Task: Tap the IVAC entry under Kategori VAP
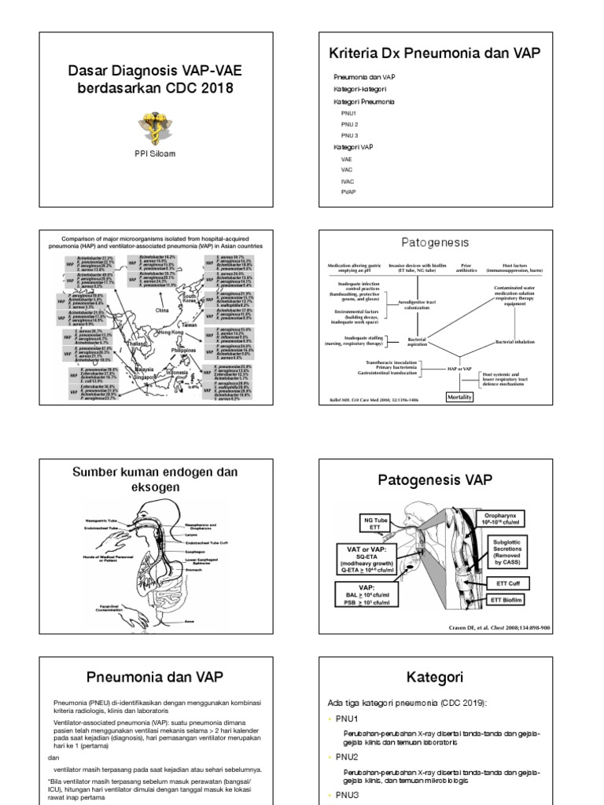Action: [x=348, y=180]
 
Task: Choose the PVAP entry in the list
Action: [x=348, y=191]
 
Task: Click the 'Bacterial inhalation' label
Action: [x=520, y=342]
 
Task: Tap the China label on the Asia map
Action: [x=162, y=311]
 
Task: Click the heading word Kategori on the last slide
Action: [x=435, y=677]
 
